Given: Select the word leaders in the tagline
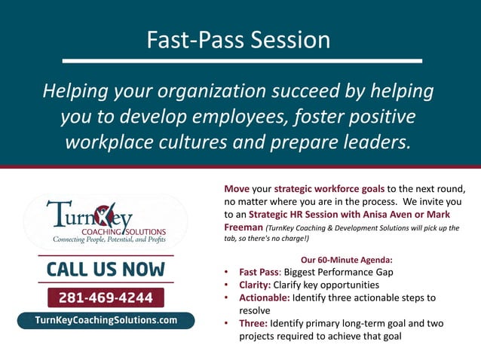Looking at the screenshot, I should point(370,142).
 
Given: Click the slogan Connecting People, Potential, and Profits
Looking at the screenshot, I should point(109,239).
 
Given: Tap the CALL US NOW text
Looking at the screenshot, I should point(106,269).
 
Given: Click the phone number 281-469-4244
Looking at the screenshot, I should point(106,297).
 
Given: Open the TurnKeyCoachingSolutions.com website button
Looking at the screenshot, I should point(106,320).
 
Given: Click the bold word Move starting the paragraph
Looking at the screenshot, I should point(238,188).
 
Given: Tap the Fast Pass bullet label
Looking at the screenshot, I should point(259,273).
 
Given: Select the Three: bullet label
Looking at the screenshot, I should point(256,323).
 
